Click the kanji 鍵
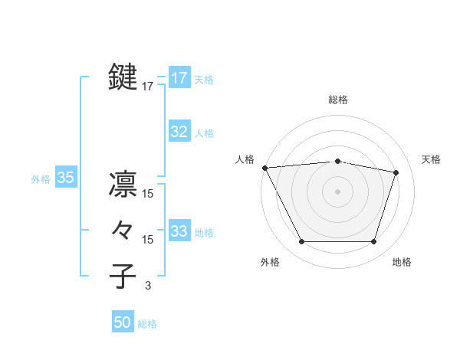click(123, 77)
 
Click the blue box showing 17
click(179, 78)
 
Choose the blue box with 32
click(179, 132)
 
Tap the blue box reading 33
click(179, 231)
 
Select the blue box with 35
click(66, 178)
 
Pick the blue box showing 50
click(123, 322)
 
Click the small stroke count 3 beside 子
click(148, 286)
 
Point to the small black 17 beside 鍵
click(148, 87)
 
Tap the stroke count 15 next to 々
click(148, 240)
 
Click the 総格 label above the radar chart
click(338, 100)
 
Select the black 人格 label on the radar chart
click(245, 159)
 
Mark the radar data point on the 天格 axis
click(396, 172)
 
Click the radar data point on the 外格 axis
click(301, 242)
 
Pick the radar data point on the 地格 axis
click(374, 242)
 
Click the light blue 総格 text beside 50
click(147, 324)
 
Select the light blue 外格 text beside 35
click(41, 179)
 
